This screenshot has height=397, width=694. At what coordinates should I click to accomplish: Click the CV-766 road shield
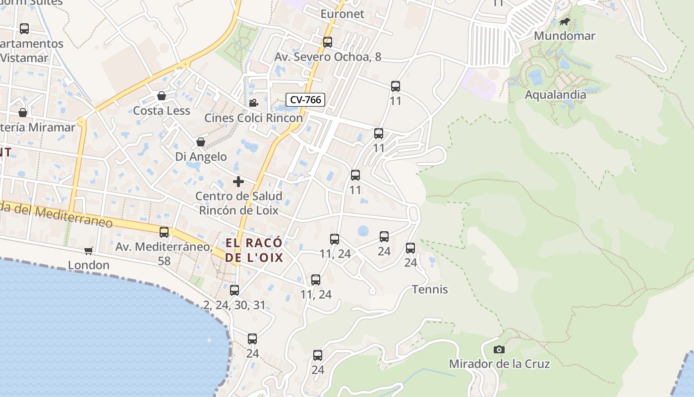305,100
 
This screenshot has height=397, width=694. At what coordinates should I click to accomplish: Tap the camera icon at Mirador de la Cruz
499,349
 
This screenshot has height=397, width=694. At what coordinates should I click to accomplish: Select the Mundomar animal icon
565,21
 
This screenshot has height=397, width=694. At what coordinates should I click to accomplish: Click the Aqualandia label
555,94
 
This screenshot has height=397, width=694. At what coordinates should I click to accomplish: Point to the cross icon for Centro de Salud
238,182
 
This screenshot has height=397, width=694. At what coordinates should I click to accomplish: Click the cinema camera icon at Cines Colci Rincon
253,103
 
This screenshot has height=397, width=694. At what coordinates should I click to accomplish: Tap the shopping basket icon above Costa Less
161,96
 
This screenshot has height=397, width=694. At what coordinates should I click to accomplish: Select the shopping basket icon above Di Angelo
201,142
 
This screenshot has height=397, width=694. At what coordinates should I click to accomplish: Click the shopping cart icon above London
89,251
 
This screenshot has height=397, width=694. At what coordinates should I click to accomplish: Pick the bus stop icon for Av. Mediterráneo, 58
164,232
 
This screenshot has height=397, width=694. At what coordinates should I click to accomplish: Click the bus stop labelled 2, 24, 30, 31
234,290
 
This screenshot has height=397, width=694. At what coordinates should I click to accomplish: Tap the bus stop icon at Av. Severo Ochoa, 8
328,42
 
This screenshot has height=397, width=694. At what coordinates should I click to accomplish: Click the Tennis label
430,289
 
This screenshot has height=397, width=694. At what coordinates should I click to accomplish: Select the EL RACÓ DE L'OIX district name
254,250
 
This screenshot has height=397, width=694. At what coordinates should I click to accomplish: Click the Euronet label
342,14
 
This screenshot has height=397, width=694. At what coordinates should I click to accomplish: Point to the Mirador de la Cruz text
499,364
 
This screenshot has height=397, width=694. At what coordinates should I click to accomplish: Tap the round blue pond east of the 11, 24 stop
363,231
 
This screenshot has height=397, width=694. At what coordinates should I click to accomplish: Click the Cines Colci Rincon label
253,118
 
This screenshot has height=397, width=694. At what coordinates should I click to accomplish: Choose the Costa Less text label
162,111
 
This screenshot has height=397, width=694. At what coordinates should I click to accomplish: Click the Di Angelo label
201,157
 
